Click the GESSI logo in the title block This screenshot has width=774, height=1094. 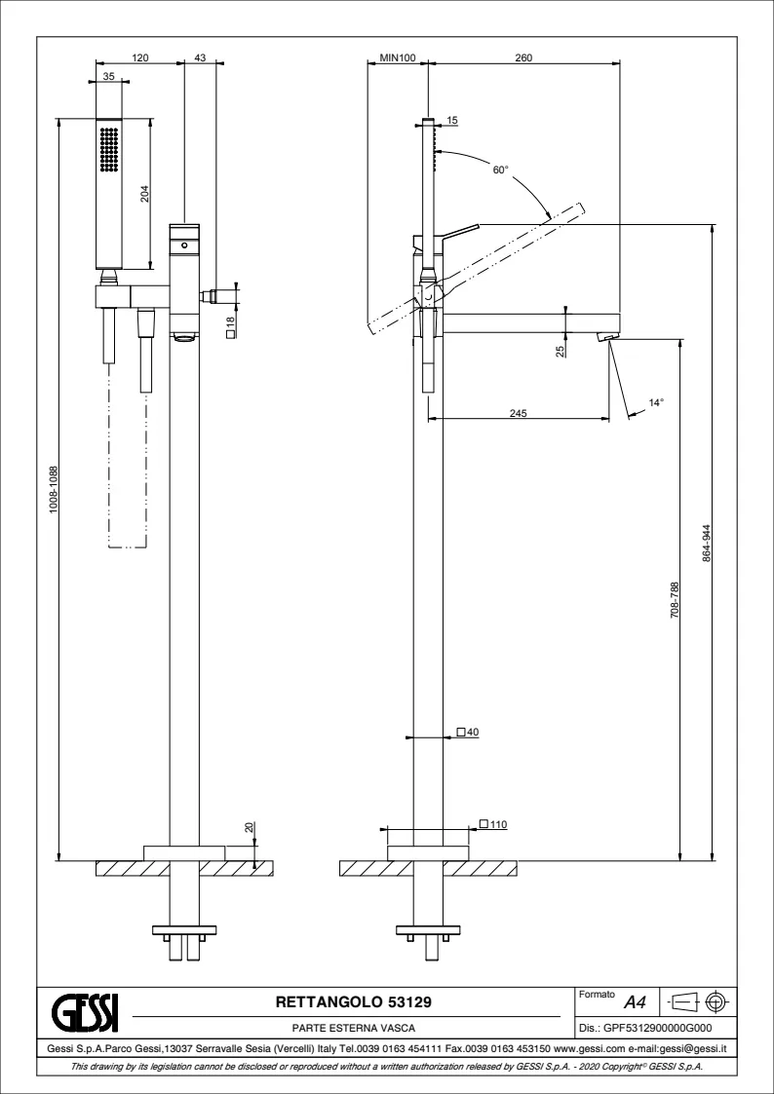(87, 1011)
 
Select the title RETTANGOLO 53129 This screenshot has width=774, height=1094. (354, 1002)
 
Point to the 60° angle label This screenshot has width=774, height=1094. (501, 170)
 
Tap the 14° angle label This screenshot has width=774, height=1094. (656, 402)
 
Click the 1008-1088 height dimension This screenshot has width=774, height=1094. (53, 490)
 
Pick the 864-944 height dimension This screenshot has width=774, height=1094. (707, 545)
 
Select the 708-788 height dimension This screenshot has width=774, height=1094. (675, 599)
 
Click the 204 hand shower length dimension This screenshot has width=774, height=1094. (145, 194)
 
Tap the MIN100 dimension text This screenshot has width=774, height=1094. (398, 57)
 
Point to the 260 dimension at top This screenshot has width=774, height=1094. (523, 57)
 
